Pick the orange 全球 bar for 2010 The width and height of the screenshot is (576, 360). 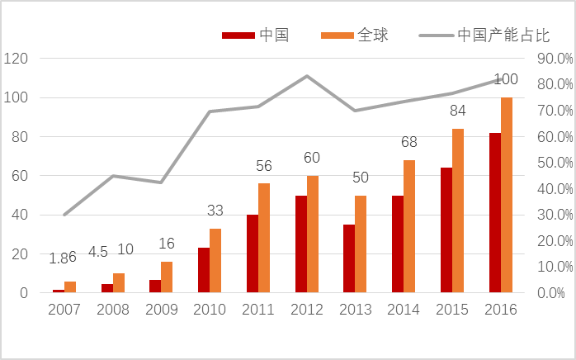tap(215, 261)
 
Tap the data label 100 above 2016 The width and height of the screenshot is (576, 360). tap(506, 79)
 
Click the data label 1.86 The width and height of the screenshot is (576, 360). tap(64, 258)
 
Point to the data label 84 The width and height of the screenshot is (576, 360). tap(458, 111)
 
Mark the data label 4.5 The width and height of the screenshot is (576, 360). tap(98, 252)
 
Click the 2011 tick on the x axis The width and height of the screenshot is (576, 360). tap(258, 310)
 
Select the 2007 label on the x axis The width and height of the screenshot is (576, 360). tap(64, 310)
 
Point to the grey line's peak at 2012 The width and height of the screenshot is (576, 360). tap(307, 76)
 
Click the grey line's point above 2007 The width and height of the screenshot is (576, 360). tap(64, 215)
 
